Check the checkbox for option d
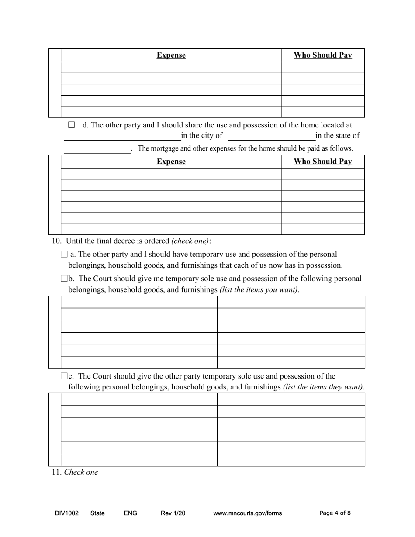tap(72, 125)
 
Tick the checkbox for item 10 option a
tap(65, 254)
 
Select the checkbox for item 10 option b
tap(65, 279)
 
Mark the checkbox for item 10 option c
tap(65, 376)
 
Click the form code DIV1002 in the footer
tap(67, 513)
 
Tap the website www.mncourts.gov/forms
tap(247, 513)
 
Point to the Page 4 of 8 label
tap(335, 513)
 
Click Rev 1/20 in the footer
tap(173, 513)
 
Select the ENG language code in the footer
tap(131, 513)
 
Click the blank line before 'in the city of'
tap(122, 137)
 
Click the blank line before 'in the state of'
tap(271, 137)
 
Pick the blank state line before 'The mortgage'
tap(97, 150)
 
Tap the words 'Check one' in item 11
tap(81, 472)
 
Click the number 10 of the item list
tap(56, 241)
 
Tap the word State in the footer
tap(97, 513)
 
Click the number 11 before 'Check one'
tap(56, 472)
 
